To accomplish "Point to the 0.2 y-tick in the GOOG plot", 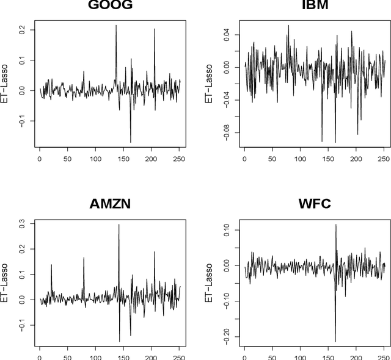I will click(23, 29).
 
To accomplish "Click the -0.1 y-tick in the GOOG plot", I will click(23, 121).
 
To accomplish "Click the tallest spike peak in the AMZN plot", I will click(119, 225).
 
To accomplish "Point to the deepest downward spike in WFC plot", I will click(335, 341).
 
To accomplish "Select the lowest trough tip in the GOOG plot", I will click(130, 142).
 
